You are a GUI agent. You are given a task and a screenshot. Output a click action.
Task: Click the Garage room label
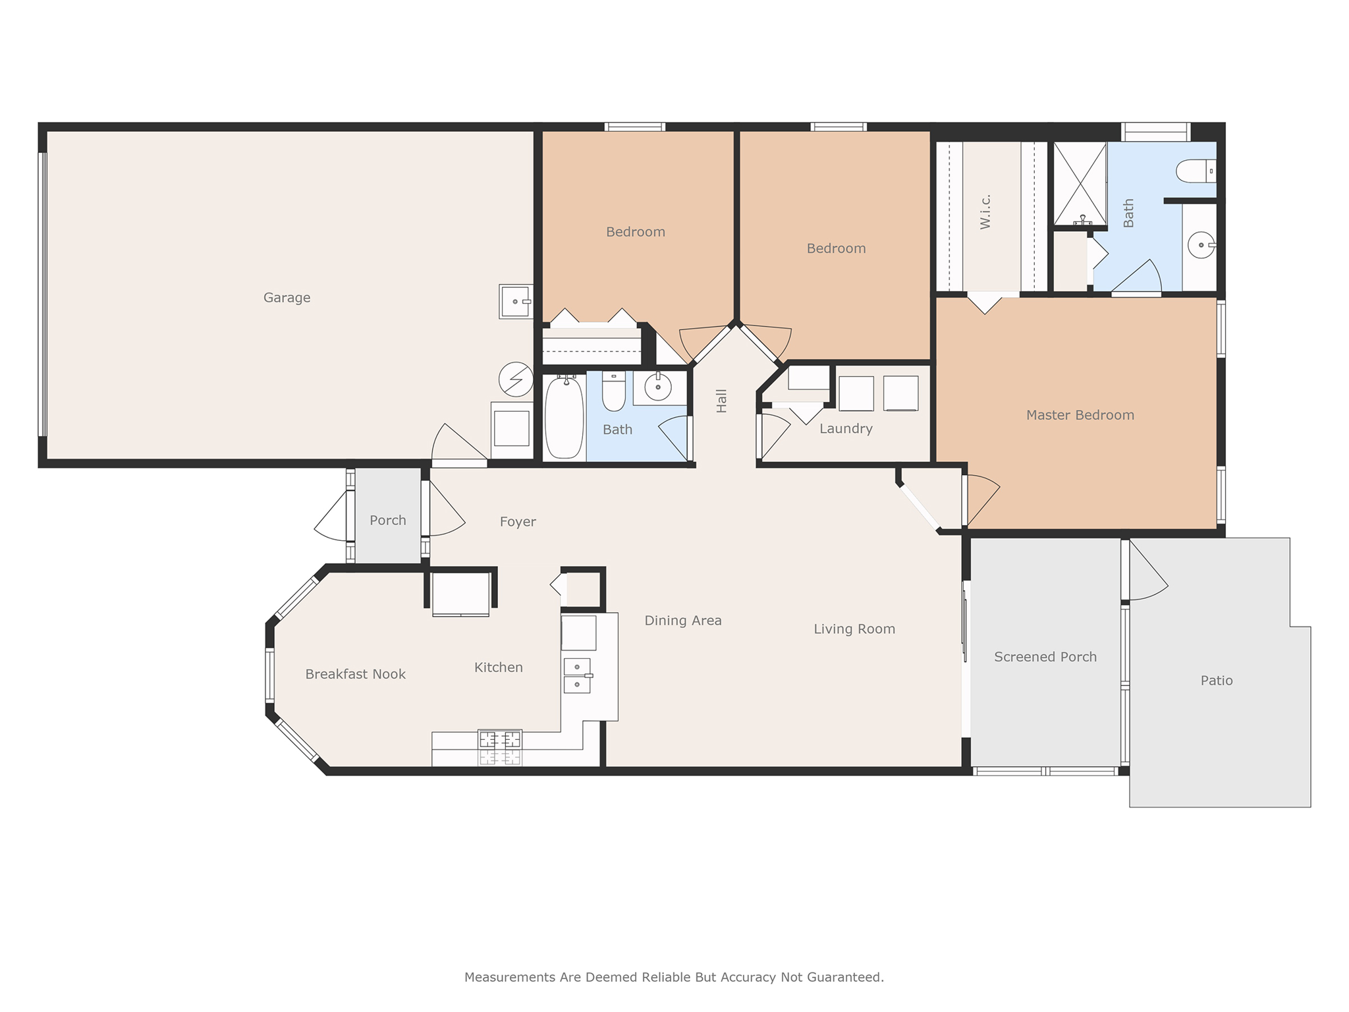click(x=287, y=298)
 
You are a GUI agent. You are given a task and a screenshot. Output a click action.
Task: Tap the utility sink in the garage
click(x=516, y=302)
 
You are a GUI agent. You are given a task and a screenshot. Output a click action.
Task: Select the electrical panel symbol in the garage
click(x=516, y=379)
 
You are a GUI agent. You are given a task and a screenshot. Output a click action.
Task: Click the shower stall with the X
click(x=1080, y=183)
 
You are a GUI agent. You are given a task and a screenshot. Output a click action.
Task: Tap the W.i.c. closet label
click(x=985, y=211)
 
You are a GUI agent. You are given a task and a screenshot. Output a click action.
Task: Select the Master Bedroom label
click(x=1080, y=415)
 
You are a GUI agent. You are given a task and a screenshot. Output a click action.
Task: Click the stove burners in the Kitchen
click(x=500, y=740)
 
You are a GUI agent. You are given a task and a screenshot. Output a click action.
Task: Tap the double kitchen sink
click(x=577, y=675)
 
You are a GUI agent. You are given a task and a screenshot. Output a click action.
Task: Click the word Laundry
click(x=846, y=429)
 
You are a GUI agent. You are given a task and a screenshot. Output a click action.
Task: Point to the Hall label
click(x=722, y=401)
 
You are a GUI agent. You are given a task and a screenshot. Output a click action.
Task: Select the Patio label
click(x=1216, y=681)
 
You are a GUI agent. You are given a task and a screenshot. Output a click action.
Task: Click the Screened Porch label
click(x=1045, y=657)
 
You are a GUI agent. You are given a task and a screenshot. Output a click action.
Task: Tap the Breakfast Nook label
click(x=355, y=674)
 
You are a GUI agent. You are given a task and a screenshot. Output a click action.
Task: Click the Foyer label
click(x=518, y=522)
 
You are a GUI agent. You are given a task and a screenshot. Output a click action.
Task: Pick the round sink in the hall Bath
click(x=657, y=387)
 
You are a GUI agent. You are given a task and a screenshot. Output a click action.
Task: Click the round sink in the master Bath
click(x=1201, y=245)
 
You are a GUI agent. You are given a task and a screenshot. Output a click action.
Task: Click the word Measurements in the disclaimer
click(x=510, y=977)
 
